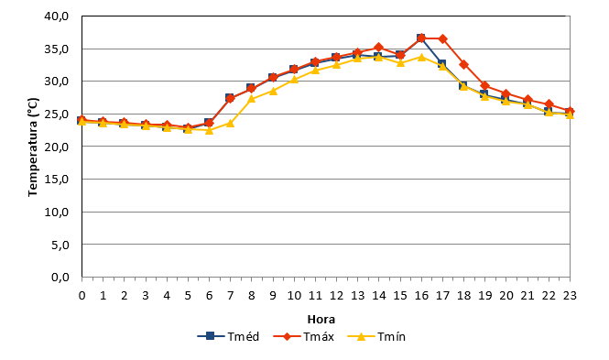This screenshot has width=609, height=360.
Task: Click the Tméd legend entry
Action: click(228, 336)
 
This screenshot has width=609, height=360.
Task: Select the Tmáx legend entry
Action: click(304, 336)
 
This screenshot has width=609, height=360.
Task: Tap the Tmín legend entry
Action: click(376, 336)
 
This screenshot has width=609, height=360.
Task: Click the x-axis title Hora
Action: click(321, 319)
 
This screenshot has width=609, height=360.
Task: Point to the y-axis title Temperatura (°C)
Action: click(33, 147)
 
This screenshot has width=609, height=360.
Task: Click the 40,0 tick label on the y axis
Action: click(57, 16)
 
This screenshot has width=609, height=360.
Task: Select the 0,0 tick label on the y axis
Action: click(60, 278)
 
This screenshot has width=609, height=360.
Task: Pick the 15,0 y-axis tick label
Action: click(57, 180)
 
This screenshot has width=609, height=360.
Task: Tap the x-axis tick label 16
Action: click(421, 296)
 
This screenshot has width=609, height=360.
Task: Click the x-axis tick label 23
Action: click(570, 296)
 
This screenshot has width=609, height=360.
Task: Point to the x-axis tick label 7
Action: click(230, 296)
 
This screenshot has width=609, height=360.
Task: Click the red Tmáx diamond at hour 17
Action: click(442, 38)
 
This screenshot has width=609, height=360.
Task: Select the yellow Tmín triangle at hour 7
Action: click(230, 124)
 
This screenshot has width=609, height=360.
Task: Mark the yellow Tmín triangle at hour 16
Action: click(421, 57)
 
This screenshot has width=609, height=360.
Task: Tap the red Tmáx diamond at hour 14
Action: click(379, 48)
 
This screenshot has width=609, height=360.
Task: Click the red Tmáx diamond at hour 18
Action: click(463, 64)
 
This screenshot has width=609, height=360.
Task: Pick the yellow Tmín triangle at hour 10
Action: click(294, 80)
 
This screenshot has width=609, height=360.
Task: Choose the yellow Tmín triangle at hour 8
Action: click(252, 99)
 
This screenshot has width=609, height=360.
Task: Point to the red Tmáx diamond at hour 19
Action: click(484, 86)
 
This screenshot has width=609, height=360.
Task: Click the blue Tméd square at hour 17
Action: click(442, 64)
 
